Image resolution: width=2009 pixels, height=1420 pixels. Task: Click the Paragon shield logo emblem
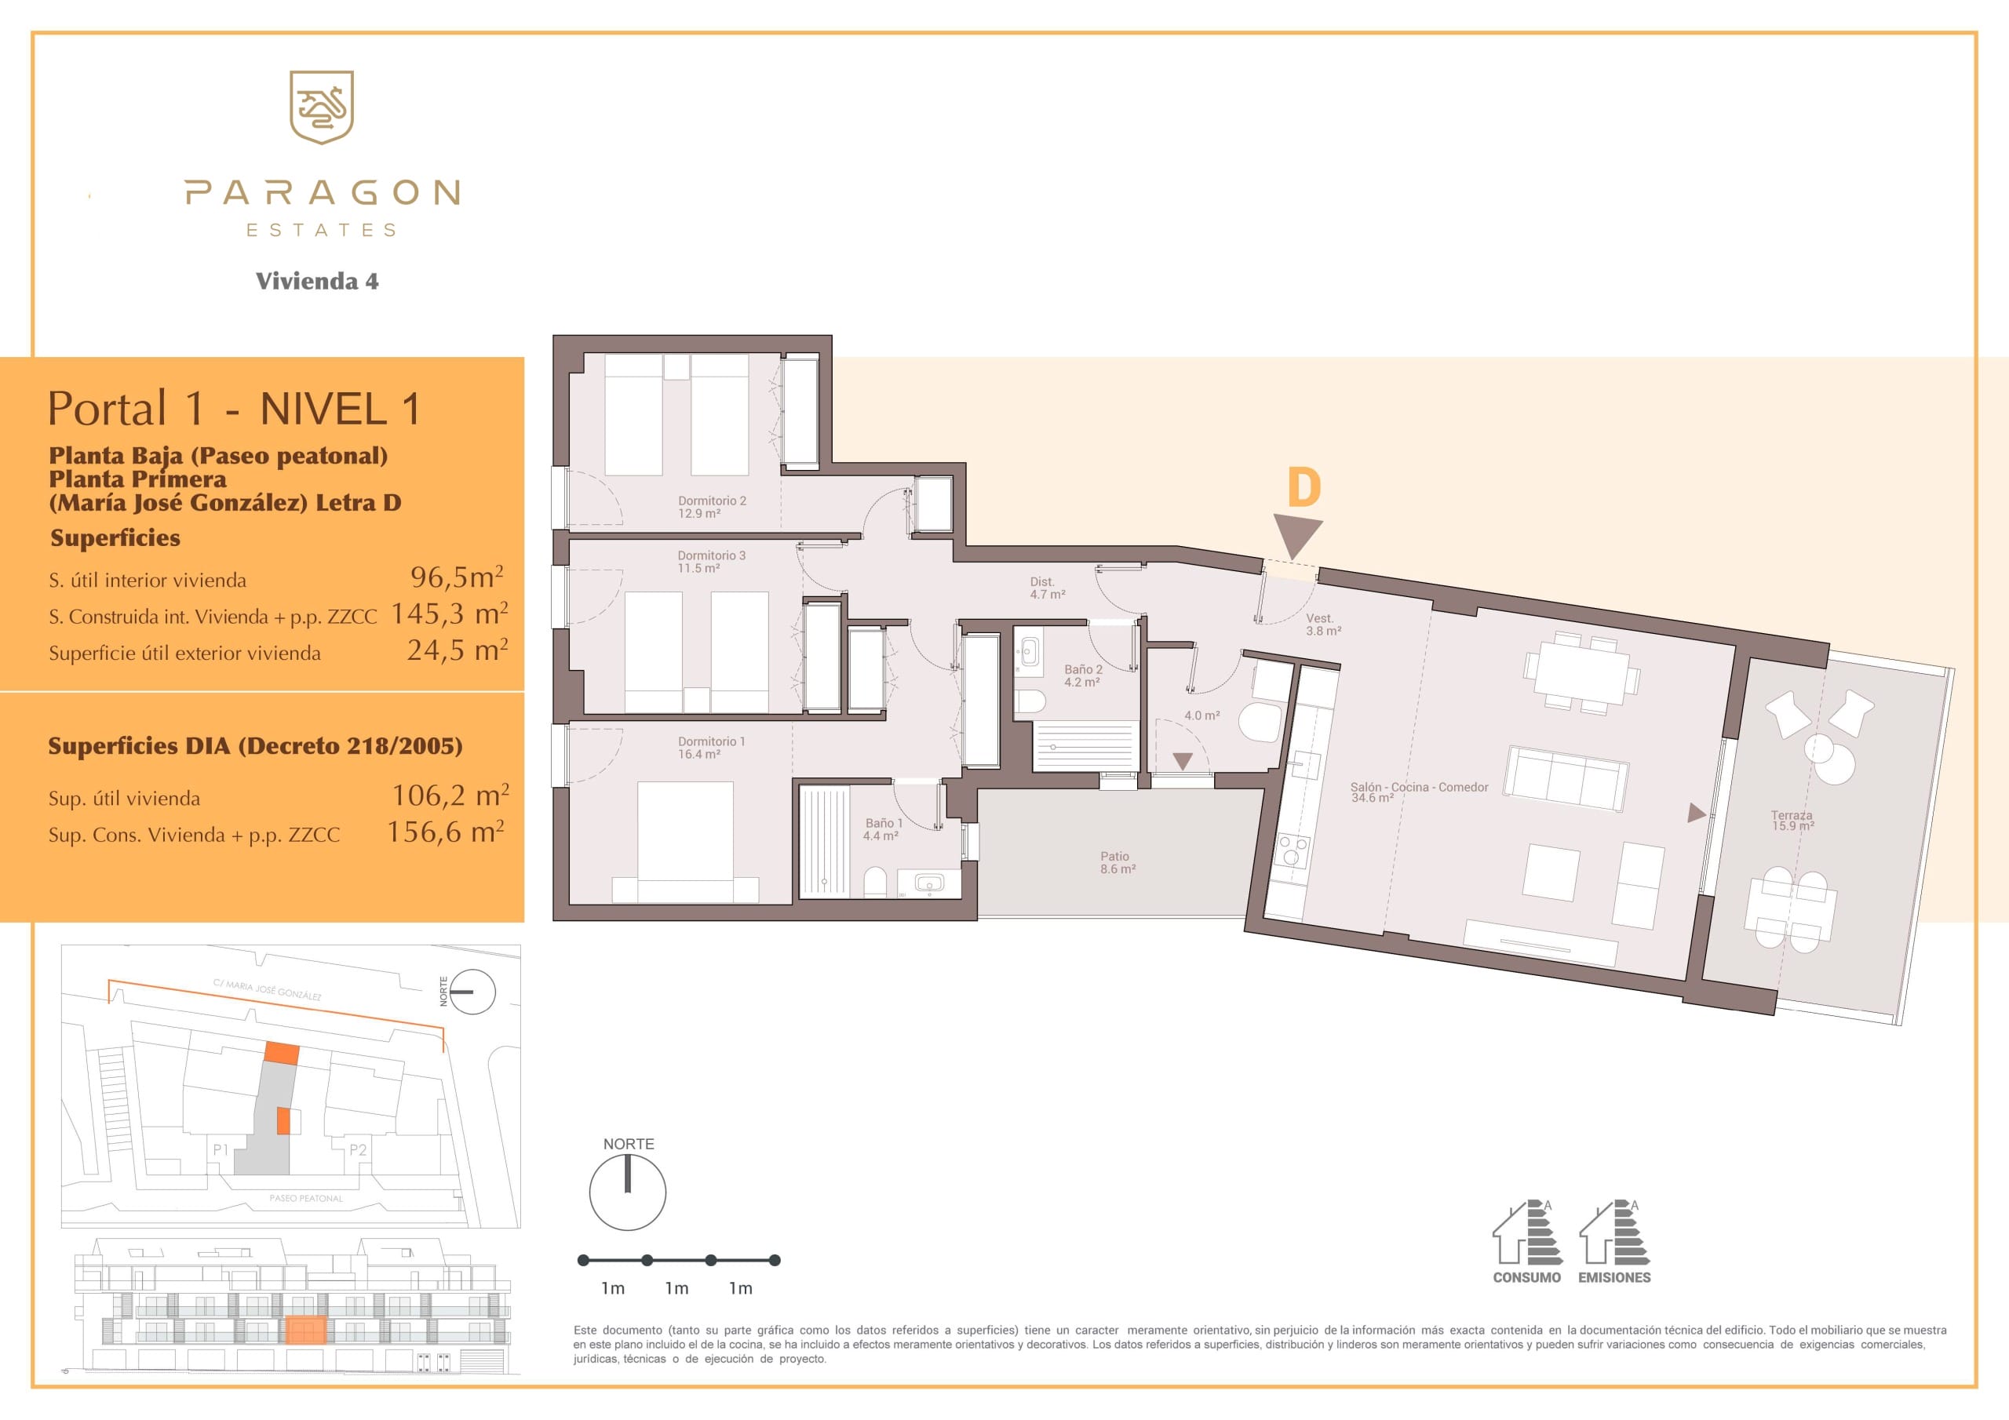(x=321, y=107)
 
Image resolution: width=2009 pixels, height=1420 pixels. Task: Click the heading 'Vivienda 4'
(x=317, y=281)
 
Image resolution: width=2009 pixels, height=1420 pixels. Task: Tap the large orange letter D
(x=1303, y=487)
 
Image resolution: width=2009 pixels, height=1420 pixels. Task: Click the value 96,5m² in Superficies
(x=457, y=577)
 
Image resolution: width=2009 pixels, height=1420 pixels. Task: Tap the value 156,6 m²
(x=446, y=831)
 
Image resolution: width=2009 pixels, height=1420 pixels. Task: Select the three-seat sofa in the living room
(x=1566, y=777)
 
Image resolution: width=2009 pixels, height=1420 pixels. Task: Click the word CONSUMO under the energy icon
(x=1527, y=1277)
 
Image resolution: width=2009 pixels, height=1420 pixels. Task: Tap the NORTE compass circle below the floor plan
(x=627, y=1192)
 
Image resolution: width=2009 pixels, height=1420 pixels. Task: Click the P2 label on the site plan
(x=358, y=1149)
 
